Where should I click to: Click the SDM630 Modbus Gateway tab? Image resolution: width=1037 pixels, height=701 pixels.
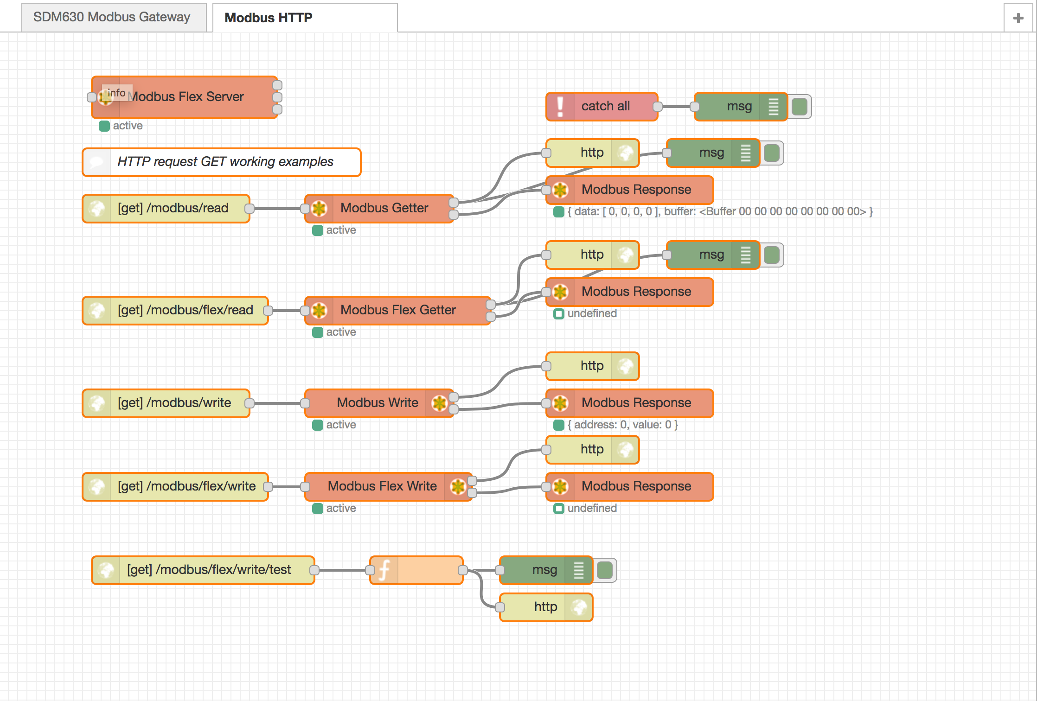point(111,17)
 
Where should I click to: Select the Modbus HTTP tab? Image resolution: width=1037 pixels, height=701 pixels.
point(268,18)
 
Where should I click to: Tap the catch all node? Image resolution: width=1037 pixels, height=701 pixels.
point(605,106)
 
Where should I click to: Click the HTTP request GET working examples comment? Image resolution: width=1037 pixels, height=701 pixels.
point(225,162)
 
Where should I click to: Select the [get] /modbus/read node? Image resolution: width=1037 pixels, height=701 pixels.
point(173,208)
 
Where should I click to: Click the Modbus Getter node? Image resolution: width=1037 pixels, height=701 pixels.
point(384,208)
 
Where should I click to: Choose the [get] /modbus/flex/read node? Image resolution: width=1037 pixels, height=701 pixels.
point(185,310)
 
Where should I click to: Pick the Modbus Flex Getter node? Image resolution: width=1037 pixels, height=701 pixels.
point(397,310)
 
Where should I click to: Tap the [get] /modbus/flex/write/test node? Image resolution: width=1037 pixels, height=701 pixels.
point(209,570)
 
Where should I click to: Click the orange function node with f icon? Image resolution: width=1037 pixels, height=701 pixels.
point(416,570)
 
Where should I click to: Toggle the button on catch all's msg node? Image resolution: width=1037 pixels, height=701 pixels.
point(799,107)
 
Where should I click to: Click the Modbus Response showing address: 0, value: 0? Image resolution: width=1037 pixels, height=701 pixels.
point(636,403)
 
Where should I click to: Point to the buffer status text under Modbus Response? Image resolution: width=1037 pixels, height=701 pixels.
point(719,212)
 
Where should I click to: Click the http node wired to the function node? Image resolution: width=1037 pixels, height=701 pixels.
point(545,607)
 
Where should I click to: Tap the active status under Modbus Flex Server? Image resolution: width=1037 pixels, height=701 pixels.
point(127,126)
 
